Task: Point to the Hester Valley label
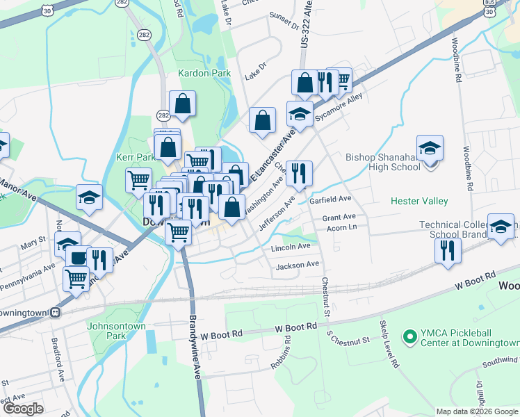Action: [419, 201]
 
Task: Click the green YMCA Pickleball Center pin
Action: [409, 338]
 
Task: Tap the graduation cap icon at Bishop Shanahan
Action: [430, 149]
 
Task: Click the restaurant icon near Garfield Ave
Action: [299, 173]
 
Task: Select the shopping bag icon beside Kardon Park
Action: [182, 105]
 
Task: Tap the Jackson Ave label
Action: [298, 265]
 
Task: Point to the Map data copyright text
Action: [476, 411]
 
